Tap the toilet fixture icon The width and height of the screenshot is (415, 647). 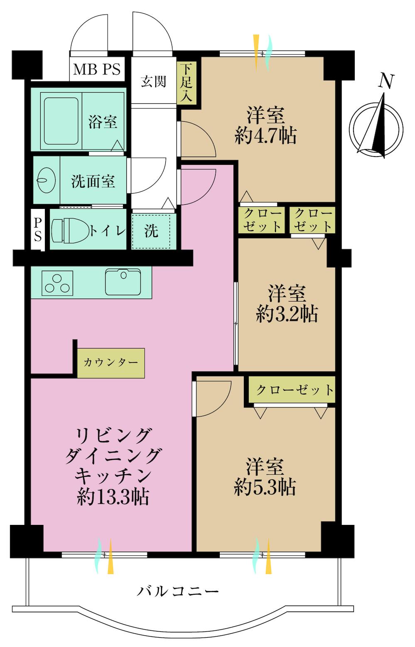point(70,230)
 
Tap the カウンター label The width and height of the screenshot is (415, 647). point(111,363)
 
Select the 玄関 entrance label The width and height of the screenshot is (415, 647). point(153,81)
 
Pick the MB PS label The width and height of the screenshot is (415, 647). point(97,69)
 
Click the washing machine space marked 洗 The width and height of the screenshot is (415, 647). point(152,231)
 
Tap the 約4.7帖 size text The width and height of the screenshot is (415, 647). point(265,136)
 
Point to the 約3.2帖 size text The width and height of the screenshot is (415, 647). point(287,314)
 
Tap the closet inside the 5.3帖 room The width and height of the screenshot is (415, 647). point(294,390)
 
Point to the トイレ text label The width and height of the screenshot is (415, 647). point(108,230)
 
